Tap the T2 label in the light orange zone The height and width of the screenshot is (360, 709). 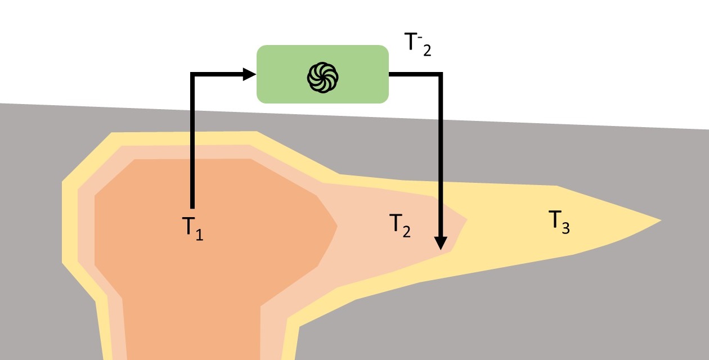tap(400, 225)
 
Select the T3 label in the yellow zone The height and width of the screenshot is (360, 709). tap(559, 222)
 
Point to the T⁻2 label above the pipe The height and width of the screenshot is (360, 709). tap(418, 44)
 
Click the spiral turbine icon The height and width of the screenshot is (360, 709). tap(322, 78)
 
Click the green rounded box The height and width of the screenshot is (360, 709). tap(322, 74)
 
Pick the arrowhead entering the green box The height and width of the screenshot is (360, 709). tap(249, 74)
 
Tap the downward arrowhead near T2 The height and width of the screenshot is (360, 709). tap(441, 243)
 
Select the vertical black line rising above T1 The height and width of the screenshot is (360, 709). tap(192, 141)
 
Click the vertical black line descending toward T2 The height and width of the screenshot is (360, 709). tap(441, 155)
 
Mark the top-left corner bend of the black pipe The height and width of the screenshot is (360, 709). tap(192, 74)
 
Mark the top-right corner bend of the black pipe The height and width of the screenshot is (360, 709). tap(441, 74)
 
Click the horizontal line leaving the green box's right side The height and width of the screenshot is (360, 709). tap(415, 74)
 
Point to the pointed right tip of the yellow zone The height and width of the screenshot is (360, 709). tap(661, 220)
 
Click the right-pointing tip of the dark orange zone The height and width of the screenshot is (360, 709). tap(337, 226)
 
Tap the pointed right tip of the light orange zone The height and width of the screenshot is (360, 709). tap(467, 219)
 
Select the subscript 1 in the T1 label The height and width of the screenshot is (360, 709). tap(199, 235)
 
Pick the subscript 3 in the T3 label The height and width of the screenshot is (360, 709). tap(566, 228)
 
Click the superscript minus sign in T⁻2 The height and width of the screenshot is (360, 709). tap(420, 37)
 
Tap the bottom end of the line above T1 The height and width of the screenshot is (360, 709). tap(192, 209)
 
